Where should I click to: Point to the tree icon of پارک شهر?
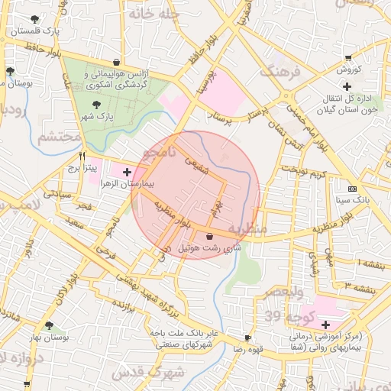pos(96,105)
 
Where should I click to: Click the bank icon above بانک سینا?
pos(351,189)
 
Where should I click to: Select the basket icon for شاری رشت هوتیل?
pos(210,236)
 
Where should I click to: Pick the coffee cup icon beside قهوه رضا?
pos(247,338)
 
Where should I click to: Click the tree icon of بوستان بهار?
pos(49,325)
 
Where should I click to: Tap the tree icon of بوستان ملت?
pos(9,71)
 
